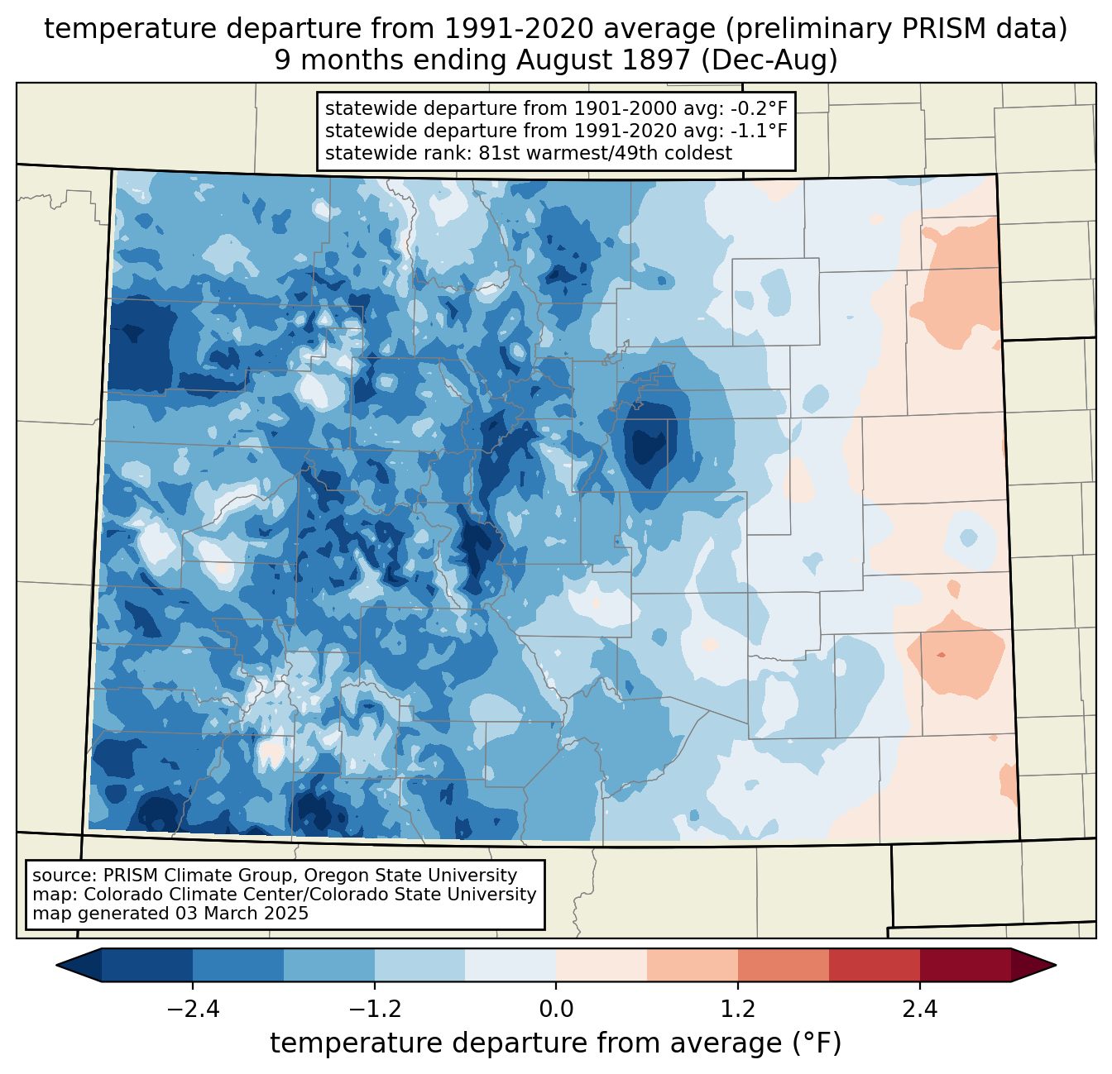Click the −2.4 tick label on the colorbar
point(192,1010)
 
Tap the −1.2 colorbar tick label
point(374,1010)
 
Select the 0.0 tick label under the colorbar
point(556,1010)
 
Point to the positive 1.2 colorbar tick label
point(738,1010)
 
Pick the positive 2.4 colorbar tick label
point(920,1010)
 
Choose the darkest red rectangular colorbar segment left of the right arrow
point(965,965)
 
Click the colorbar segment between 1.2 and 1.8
point(783,965)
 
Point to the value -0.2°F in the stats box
point(755,108)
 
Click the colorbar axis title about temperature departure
point(555,1043)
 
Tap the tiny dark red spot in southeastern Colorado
point(940,655)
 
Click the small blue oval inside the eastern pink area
point(966,537)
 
